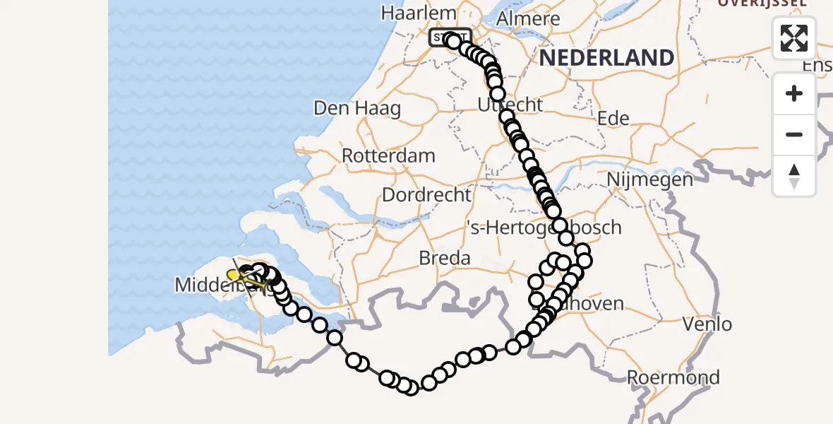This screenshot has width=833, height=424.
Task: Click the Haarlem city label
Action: [409, 13]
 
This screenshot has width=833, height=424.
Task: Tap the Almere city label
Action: [528, 19]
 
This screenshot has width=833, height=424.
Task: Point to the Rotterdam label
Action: [388, 155]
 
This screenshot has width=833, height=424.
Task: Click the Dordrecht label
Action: [426, 194]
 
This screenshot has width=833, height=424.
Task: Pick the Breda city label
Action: [445, 258]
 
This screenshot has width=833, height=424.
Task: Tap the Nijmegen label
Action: [649, 179]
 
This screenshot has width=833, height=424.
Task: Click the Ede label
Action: [613, 118]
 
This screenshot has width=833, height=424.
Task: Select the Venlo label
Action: [708, 324]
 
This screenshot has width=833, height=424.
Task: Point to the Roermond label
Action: [673, 377]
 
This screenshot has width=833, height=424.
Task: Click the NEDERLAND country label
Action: [607, 58]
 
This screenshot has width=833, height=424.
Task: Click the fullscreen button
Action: [794, 38]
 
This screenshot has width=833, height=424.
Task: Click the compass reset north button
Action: [794, 175]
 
